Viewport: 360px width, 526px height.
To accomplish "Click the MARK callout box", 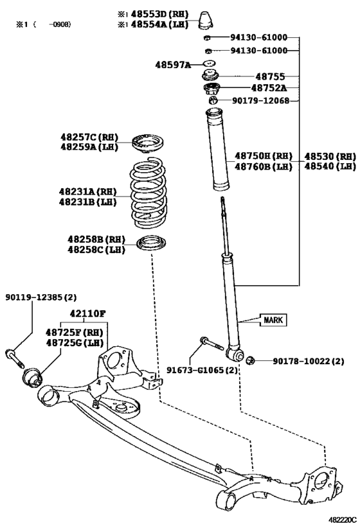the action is [x=273, y=320].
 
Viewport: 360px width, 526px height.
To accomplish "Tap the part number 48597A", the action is [x=173, y=65].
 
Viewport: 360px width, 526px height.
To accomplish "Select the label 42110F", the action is [x=87, y=313].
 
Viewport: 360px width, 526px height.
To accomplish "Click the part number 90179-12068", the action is [x=260, y=100].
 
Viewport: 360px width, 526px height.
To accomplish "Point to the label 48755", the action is [x=270, y=76].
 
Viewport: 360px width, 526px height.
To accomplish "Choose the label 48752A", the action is [x=269, y=88].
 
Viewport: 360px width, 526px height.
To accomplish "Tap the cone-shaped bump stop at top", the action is [x=206, y=19].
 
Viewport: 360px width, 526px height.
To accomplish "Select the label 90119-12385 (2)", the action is [x=41, y=297].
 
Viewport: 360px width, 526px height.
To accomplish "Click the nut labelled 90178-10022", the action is [x=250, y=360].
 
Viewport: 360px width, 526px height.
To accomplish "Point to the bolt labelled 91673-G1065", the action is [x=212, y=344].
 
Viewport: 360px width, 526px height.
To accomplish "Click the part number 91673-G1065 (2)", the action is [x=202, y=370].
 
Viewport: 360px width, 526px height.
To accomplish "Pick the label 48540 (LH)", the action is [x=330, y=166].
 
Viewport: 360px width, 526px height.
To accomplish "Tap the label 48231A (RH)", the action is [x=87, y=191].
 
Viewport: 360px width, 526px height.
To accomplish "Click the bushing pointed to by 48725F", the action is [x=32, y=377].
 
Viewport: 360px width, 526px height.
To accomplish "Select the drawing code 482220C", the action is [x=342, y=520].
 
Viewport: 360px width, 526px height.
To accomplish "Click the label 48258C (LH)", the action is [x=96, y=250].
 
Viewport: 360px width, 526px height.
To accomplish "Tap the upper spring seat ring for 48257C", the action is [x=147, y=143].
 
